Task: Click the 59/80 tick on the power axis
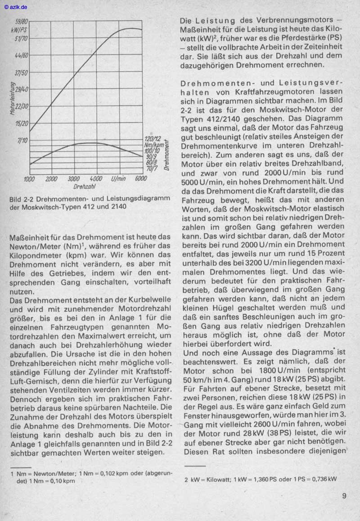coord(22,21)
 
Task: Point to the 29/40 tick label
coord(22,90)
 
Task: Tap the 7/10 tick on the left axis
coord(22,140)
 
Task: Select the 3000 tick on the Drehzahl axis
coord(73,179)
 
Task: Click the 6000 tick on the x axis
coord(141,179)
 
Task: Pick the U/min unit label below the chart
coord(119,179)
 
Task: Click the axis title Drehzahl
coord(84,186)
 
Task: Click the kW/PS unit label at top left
coord(21,29)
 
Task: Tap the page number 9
coord(344,497)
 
